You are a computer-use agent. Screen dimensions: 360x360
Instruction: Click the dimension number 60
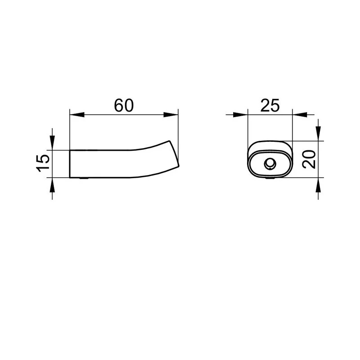(x=124, y=105)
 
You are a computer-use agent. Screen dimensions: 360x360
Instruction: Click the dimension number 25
(x=270, y=105)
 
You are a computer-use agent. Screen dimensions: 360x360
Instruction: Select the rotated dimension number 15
(x=43, y=163)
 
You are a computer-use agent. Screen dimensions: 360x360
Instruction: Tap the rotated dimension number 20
(x=309, y=159)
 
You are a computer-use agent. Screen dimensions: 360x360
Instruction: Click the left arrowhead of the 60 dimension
(x=77, y=115)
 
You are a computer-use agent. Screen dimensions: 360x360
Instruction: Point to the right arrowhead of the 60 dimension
(x=171, y=115)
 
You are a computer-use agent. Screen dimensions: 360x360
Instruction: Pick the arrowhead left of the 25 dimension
(x=241, y=115)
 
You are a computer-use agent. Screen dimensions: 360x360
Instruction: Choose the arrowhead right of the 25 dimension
(x=300, y=115)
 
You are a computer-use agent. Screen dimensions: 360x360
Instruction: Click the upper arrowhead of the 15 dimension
(x=52, y=143)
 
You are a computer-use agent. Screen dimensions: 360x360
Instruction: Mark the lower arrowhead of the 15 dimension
(x=52, y=185)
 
